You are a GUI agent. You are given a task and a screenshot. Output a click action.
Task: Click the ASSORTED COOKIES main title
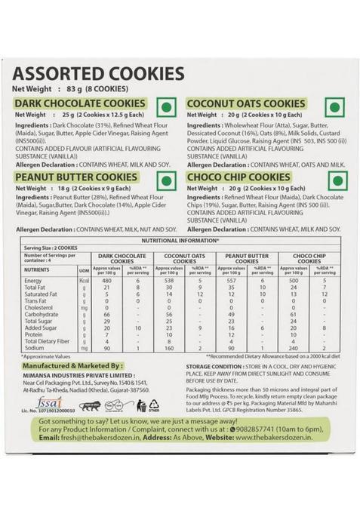[x=99, y=74]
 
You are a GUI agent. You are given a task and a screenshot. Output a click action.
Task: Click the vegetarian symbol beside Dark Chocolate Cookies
[x=170, y=104]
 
